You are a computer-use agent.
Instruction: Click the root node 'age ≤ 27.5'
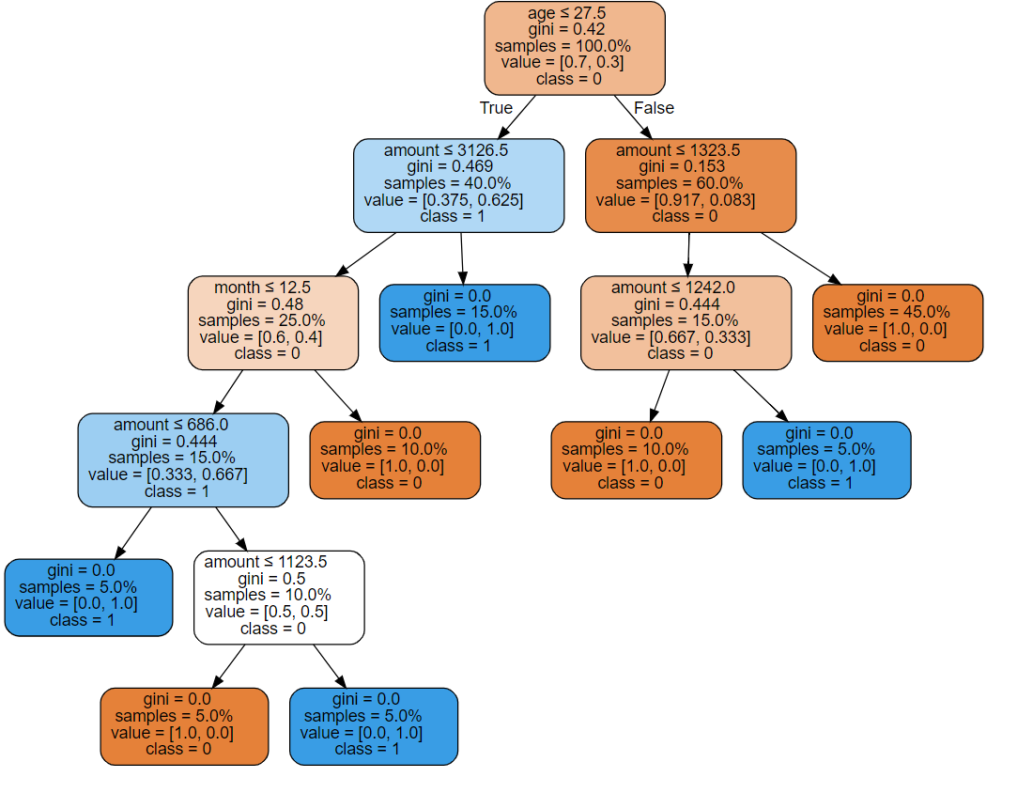(x=575, y=48)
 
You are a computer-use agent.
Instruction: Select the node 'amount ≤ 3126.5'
(x=458, y=186)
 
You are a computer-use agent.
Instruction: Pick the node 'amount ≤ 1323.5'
(x=691, y=186)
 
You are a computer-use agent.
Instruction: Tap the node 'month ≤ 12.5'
(x=273, y=322)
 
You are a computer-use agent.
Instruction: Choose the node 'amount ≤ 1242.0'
(x=686, y=322)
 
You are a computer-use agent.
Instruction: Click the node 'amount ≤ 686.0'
(x=183, y=460)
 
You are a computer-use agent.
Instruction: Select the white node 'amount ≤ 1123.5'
(x=279, y=598)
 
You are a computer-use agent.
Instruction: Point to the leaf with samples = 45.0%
(x=898, y=322)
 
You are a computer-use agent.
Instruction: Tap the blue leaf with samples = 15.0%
(x=465, y=322)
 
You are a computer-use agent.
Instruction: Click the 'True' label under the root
(x=496, y=108)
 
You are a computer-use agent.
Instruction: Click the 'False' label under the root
(x=654, y=108)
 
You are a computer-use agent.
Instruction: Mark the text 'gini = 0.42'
(x=567, y=29)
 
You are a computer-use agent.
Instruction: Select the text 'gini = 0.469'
(x=450, y=167)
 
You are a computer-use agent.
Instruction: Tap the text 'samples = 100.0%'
(x=563, y=46)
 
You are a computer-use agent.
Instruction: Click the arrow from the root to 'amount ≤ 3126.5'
(x=516, y=117)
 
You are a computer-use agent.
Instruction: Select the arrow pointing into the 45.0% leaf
(x=801, y=258)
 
